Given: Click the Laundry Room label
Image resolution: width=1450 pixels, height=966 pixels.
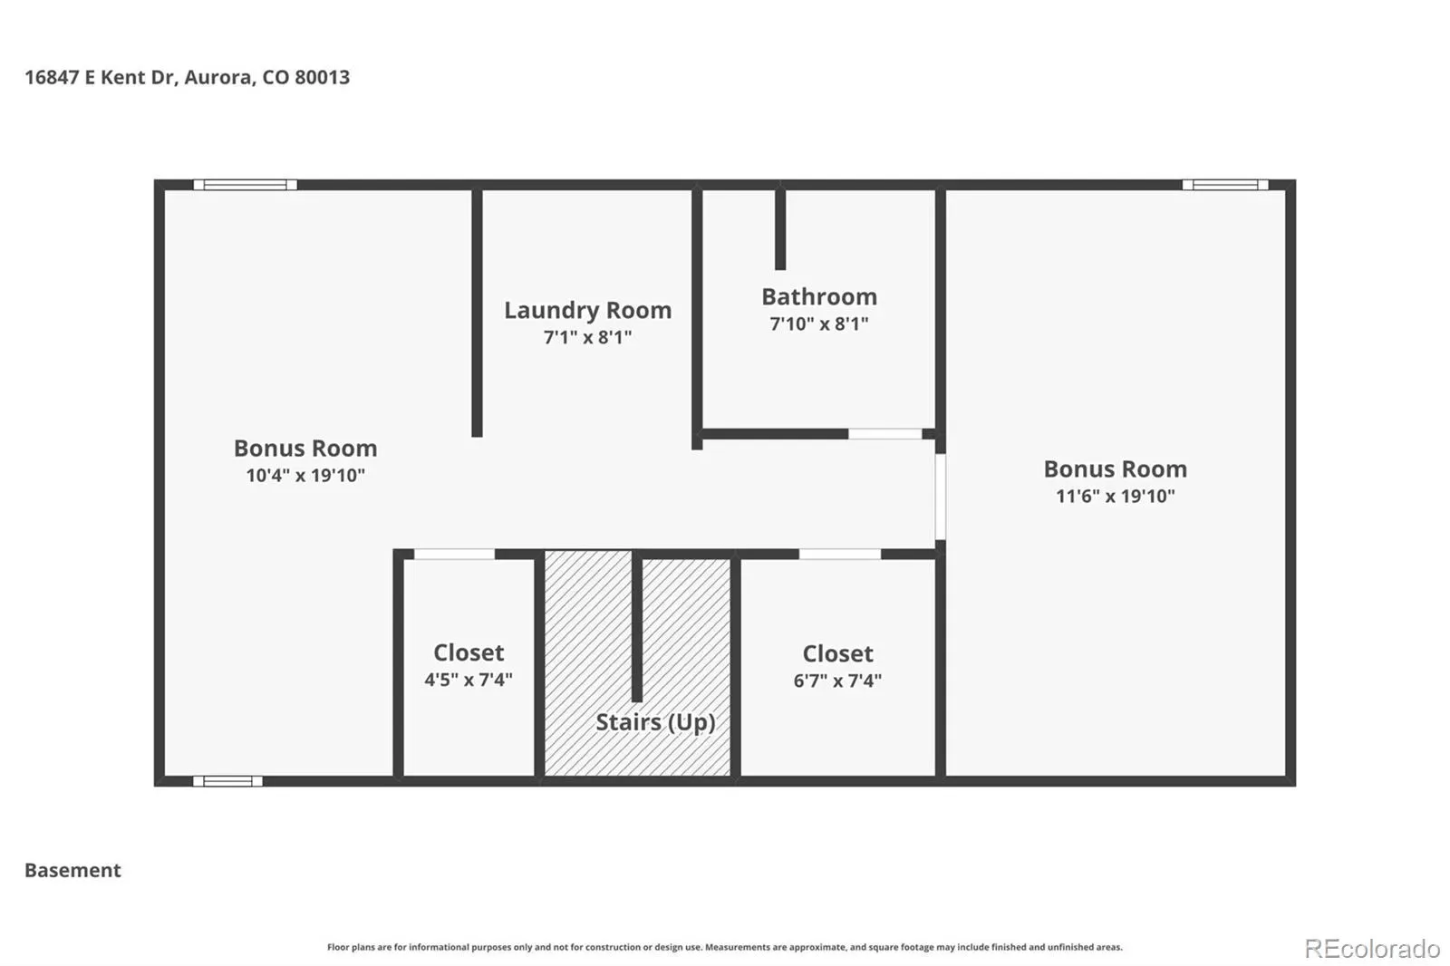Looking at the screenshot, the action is [x=588, y=310].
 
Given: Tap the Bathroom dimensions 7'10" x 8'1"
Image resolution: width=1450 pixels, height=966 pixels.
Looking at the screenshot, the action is [x=819, y=324].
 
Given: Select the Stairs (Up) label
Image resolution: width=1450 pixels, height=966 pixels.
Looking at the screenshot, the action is [x=655, y=722].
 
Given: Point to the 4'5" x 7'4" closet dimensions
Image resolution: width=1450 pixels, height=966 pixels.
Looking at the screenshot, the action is [x=468, y=679].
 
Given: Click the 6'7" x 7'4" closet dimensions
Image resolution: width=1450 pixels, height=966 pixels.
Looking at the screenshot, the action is [x=837, y=681].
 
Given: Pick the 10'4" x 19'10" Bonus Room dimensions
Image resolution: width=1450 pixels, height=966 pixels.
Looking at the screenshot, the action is [x=305, y=475].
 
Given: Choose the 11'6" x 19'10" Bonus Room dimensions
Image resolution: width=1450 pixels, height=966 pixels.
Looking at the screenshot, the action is [x=1116, y=496].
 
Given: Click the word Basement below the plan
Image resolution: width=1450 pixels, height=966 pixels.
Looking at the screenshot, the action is [x=72, y=870].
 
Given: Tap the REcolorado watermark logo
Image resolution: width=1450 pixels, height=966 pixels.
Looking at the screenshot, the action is [x=1372, y=949].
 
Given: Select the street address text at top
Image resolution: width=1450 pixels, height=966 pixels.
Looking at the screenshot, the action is [x=187, y=77].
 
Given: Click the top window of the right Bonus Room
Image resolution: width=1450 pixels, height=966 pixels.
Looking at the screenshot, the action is [x=1224, y=185].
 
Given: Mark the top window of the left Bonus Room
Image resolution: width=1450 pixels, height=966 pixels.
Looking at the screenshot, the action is [x=245, y=185].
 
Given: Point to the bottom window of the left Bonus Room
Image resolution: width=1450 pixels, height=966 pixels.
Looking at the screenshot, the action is [x=227, y=781].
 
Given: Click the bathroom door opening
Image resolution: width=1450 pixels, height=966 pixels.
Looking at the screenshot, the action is [x=884, y=433].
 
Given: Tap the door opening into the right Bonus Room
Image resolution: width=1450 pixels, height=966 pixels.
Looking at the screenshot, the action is [x=941, y=497].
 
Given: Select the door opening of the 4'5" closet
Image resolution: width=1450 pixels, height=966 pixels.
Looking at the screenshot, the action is [x=454, y=555].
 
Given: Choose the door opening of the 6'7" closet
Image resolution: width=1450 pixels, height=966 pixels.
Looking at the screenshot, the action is [x=839, y=555].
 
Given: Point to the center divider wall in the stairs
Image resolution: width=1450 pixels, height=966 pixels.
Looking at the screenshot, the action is [x=637, y=628].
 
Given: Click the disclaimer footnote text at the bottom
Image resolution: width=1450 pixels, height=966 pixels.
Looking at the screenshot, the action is [x=724, y=947].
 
